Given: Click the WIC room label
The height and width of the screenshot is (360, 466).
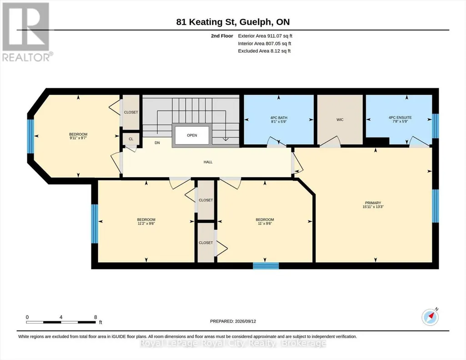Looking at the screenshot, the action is (x=340, y=120).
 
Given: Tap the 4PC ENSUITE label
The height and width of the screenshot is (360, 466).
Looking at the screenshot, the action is (x=400, y=118).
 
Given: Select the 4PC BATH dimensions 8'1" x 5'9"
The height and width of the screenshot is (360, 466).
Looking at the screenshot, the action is (x=279, y=121).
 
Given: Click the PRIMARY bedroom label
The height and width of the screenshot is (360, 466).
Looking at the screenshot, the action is (x=373, y=203).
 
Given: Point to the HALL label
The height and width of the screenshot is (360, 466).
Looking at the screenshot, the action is (x=208, y=162).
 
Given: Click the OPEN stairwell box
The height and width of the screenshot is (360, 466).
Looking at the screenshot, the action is (x=192, y=135).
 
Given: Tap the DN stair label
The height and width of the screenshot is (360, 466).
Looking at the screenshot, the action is (x=157, y=143).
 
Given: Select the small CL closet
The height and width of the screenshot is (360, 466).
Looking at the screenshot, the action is (x=131, y=139).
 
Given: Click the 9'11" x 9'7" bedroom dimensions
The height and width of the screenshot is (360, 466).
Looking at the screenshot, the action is (x=78, y=138).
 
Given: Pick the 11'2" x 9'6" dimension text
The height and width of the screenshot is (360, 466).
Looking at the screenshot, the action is (x=146, y=223).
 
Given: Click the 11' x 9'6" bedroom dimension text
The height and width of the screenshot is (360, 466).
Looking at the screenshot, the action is (x=265, y=223).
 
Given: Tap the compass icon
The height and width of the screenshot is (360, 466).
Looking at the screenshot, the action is (x=430, y=317).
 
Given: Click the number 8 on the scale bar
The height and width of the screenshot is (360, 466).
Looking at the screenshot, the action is (x=95, y=317).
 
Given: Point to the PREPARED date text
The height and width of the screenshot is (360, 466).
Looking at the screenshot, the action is (x=233, y=321).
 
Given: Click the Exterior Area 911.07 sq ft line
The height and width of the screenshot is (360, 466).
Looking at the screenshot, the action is (x=265, y=36).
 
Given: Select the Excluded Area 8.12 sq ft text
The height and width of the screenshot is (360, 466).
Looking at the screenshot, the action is (x=264, y=51).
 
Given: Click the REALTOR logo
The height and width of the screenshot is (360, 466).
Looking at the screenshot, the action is (x=27, y=32).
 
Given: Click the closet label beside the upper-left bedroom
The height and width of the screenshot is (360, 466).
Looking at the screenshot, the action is (x=131, y=112).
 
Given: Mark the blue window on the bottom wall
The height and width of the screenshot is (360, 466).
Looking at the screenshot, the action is (x=266, y=265).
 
